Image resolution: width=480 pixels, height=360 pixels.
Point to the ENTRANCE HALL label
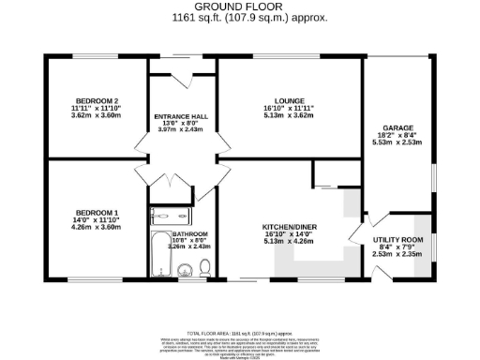tap(181, 117)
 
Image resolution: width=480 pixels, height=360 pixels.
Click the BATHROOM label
tap(189, 233)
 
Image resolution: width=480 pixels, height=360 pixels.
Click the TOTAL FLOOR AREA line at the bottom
tap(240, 333)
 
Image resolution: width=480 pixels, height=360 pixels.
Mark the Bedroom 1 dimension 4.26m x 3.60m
tap(96, 227)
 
